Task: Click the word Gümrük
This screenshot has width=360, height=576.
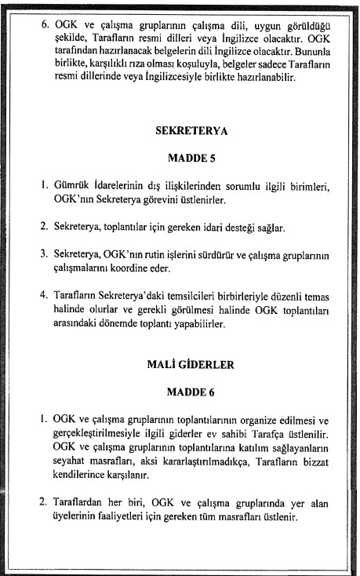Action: coord(72,186)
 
